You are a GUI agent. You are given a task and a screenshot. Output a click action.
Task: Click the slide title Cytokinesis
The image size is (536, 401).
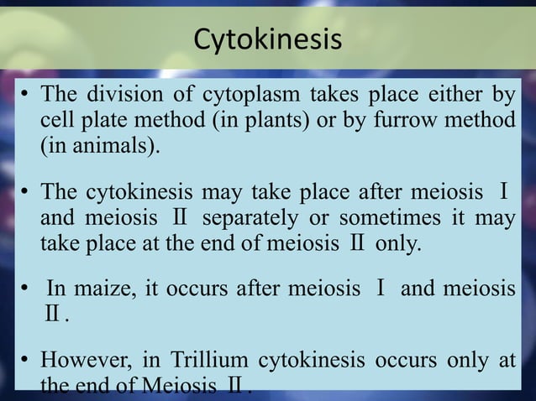click(x=268, y=39)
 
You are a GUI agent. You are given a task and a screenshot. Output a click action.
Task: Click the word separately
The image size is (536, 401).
click(x=250, y=218)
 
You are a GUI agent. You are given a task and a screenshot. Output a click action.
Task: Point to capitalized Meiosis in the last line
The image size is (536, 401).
click(x=178, y=388)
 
